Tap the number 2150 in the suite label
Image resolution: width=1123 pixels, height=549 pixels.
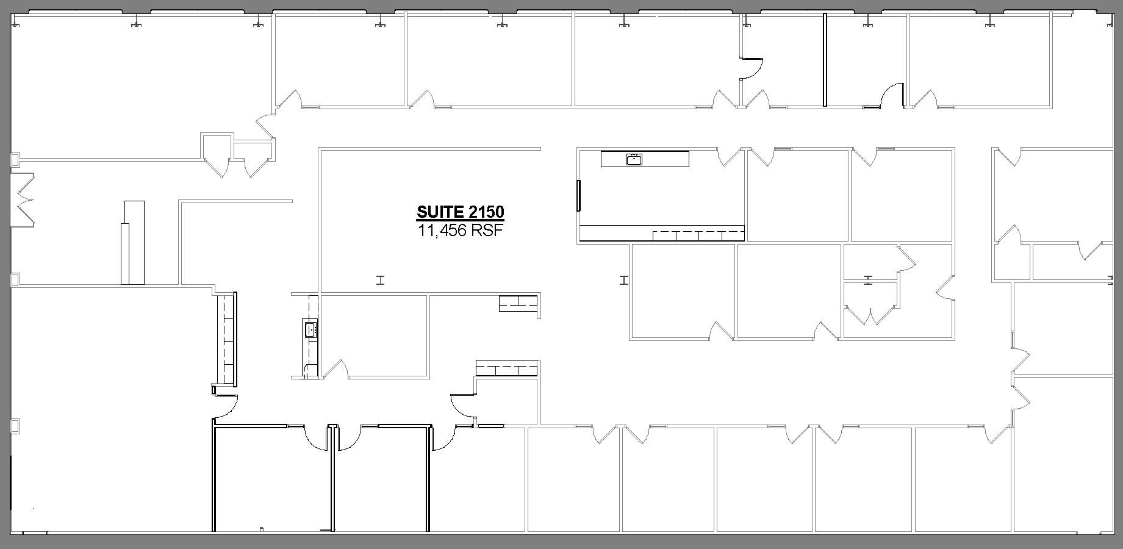pyautogui.click(x=487, y=212)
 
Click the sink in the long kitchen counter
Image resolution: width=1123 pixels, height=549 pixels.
pyautogui.click(x=634, y=160)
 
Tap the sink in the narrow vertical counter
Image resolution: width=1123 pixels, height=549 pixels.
pyautogui.click(x=310, y=330)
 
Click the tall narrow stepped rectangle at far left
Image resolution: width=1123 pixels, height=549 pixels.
pyautogui.click(x=132, y=242)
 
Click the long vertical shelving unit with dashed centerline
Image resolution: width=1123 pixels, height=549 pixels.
pyautogui.click(x=228, y=339)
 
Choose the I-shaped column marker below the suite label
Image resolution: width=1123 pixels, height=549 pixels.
pyautogui.click(x=381, y=281)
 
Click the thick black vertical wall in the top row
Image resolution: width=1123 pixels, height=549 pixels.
pyautogui.click(x=825, y=60)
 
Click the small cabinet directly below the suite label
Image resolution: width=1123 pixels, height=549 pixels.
pyautogui.click(x=518, y=303)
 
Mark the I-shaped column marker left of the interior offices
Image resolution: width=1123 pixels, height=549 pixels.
pyautogui.click(x=623, y=281)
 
